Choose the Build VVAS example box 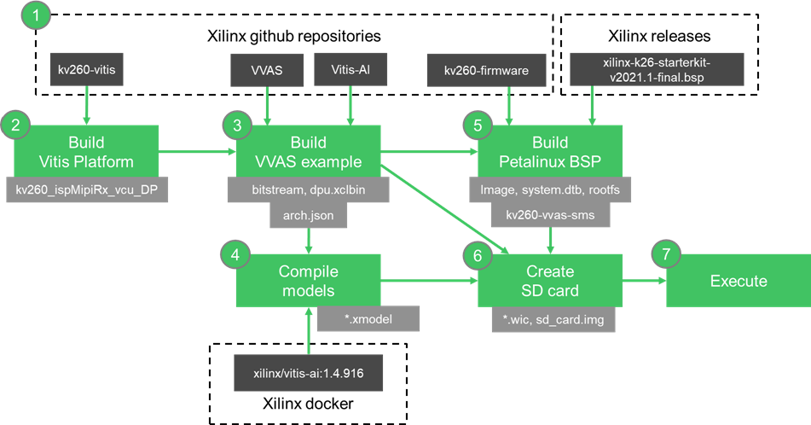tap(308, 151)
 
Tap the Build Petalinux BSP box tap(549, 151)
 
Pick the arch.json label tap(308, 217)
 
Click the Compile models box tap(308, 282)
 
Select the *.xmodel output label tap(368, 320)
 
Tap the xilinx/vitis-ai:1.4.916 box tap(309, 374)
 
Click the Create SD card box tap(549, 282)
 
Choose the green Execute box tap(739, 282)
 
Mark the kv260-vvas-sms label tap(549, 217)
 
